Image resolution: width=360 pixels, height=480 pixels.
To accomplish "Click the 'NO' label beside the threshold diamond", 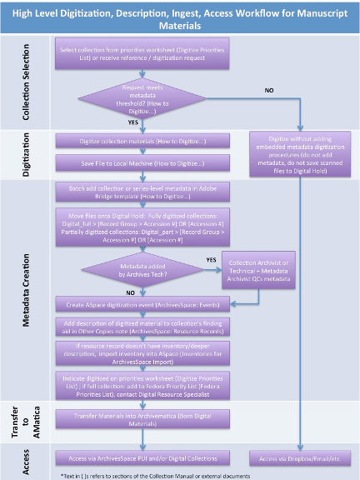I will [269, 89].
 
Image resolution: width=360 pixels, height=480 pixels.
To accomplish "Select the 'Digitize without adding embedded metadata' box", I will [302, 152].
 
